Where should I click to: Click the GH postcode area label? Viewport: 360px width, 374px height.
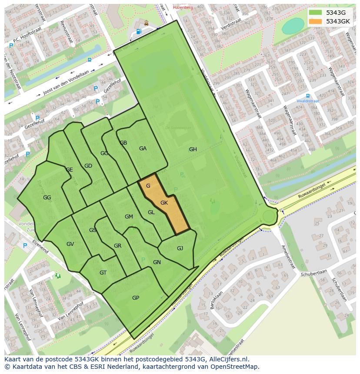(x=193, y=149)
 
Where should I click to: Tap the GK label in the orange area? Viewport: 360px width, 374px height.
(x=164, y=203)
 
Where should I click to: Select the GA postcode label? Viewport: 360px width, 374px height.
(x=143, y=149)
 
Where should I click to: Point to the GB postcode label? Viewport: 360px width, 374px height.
(x=123, y=143)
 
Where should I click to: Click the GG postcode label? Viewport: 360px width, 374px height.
(x=47, y=198)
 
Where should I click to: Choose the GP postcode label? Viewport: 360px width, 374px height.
(x=136, y=298)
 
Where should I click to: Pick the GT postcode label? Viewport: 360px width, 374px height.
(x=103, y=273)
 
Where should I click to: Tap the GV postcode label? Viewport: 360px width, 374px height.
(x=70, y=244)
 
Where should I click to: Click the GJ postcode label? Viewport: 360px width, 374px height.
(x=180, y=248)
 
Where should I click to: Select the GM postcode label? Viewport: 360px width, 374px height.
(x=129, y=217)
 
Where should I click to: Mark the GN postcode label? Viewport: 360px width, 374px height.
(x=157, y=262)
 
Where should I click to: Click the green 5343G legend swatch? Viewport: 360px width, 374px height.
(x=315, y=13)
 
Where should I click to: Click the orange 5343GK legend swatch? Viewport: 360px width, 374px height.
(x=315, y=21)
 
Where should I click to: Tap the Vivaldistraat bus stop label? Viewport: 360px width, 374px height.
(x=308, y=101)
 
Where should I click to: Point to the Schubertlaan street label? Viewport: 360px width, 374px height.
(x=312, y=271)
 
